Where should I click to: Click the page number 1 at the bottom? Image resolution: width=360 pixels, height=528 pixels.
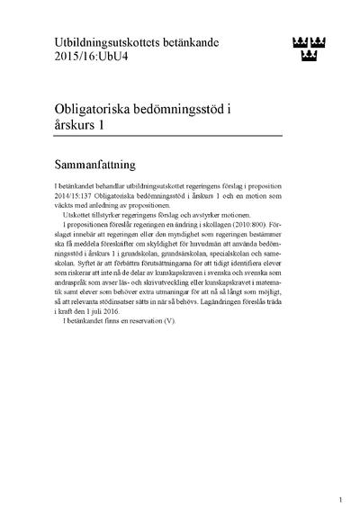[340, 497]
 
